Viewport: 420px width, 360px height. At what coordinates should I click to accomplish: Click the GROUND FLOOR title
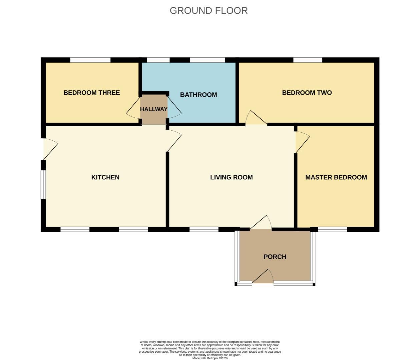point(208,11)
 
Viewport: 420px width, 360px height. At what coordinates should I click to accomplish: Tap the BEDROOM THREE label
point(92,93)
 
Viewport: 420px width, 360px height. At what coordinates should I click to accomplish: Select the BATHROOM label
point(198,95)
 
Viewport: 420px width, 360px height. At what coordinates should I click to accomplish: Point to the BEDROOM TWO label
point(307,93)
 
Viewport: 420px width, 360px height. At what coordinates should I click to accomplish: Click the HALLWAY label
point(153,109)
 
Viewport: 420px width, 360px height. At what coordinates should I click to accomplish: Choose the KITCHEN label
point(105,177)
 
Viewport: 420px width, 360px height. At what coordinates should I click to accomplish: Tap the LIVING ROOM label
point(231,177)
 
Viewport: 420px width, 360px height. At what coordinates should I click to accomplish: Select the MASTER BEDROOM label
point(336,177)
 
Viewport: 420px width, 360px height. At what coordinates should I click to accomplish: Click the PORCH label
point(275,257)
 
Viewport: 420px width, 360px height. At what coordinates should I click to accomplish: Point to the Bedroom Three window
point(90,60)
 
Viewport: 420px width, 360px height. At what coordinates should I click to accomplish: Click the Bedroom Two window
point(308,60)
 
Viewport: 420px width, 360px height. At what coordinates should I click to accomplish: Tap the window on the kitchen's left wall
point(43,185)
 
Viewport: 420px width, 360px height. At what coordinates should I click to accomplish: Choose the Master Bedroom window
point(333,229)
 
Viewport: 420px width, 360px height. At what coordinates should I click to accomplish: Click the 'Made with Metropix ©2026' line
point(210,358)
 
